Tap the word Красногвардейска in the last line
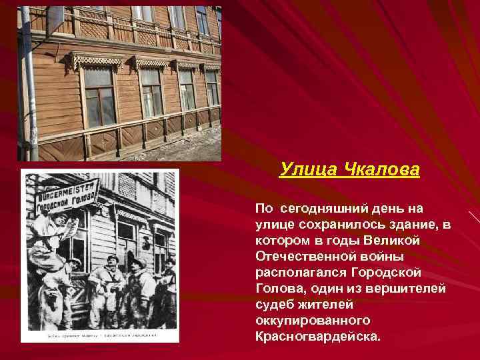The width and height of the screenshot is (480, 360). [317, 336]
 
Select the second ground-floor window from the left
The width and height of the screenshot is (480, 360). [151, 93]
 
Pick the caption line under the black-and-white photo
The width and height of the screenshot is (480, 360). [100, 335]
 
